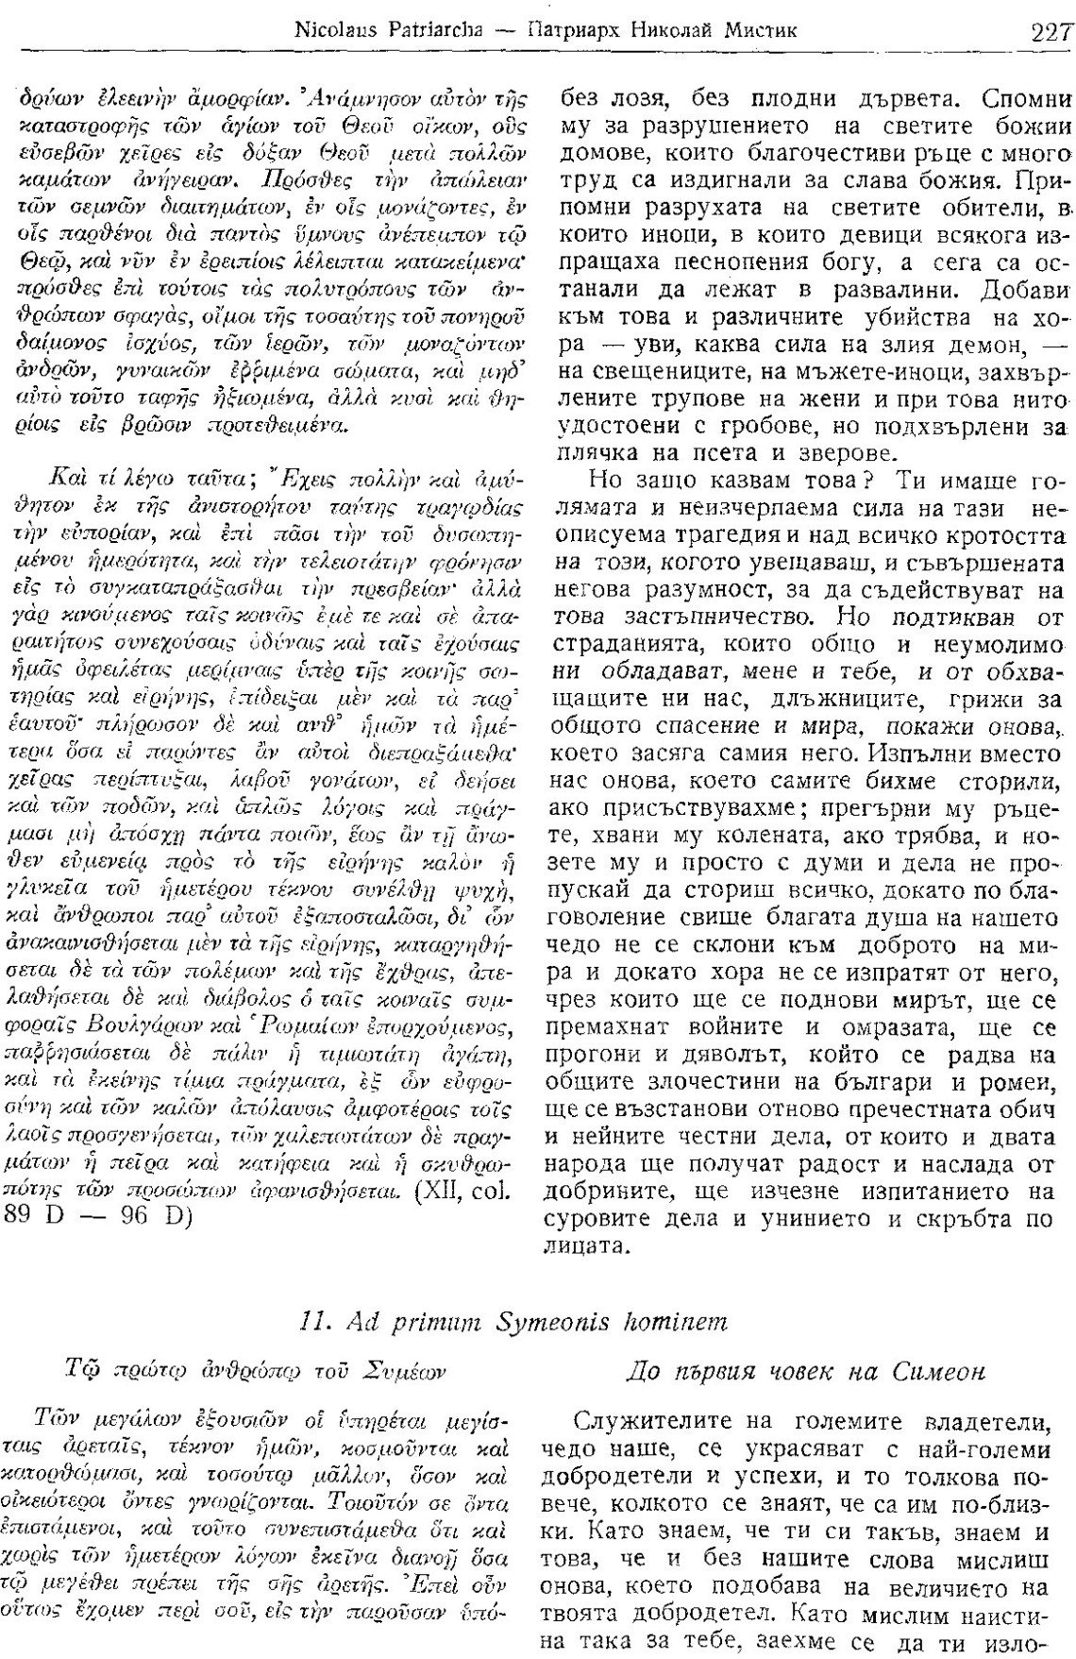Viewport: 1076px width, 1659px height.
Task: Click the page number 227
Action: point(1050,32)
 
